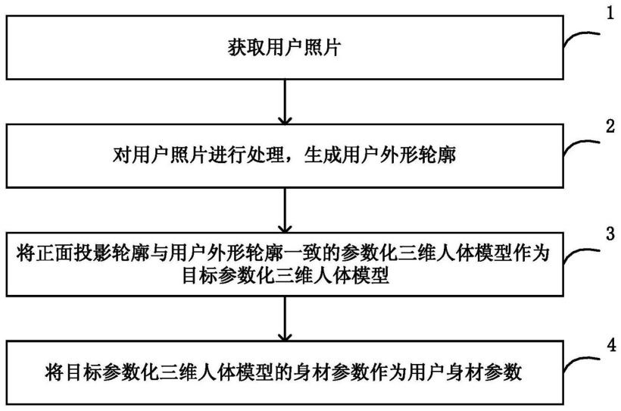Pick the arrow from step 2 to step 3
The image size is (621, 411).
pos(284,212)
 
